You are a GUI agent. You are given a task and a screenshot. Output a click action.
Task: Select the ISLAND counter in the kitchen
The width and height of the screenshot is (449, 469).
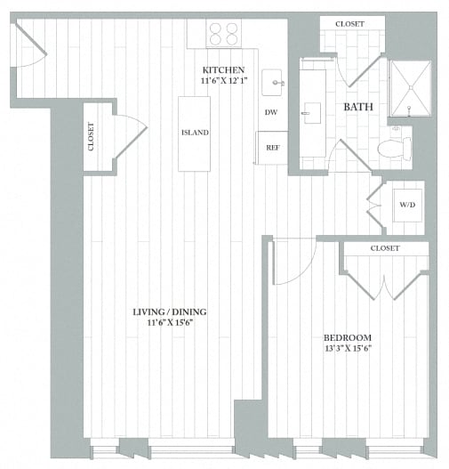point(195,133)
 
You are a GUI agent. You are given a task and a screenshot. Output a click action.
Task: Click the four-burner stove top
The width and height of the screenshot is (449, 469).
point(224,34)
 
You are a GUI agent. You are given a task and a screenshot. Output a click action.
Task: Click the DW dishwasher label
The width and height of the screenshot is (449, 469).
point(271,112)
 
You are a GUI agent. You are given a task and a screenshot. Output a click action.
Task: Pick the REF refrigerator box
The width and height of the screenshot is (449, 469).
point(272,147)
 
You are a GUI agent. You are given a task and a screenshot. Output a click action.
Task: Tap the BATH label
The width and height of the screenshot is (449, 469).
point(358,108)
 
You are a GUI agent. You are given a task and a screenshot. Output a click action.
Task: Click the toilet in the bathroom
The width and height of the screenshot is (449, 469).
point(392,148)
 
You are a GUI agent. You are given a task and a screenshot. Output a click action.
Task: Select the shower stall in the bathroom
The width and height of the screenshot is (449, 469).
point(409,88)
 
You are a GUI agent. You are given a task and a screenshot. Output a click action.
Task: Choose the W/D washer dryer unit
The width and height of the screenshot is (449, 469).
point(406,206)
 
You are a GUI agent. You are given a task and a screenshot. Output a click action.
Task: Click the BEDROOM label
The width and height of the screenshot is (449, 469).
point(347,337)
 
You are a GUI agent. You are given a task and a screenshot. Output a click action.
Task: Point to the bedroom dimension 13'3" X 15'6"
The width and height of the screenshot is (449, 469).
point(347,350)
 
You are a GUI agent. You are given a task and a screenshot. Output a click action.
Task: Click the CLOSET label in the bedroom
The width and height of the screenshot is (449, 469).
point(385,248)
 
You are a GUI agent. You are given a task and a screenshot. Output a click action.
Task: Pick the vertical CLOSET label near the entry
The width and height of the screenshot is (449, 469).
point(92,136)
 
